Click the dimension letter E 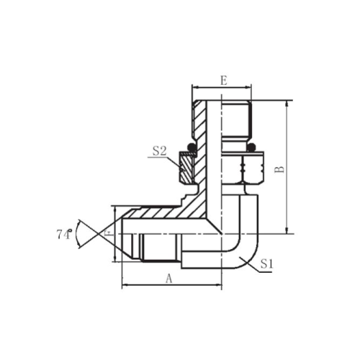(x=223, y=81)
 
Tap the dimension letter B (x=279, y=168)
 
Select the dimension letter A (x=169, y=279)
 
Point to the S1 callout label (x=267, y=264)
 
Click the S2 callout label (x=160, y=151)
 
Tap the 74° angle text (x=64, y=234)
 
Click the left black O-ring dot (x=192, y=148)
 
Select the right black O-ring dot (x=251, y=148)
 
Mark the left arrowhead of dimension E (x=195, y=88)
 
